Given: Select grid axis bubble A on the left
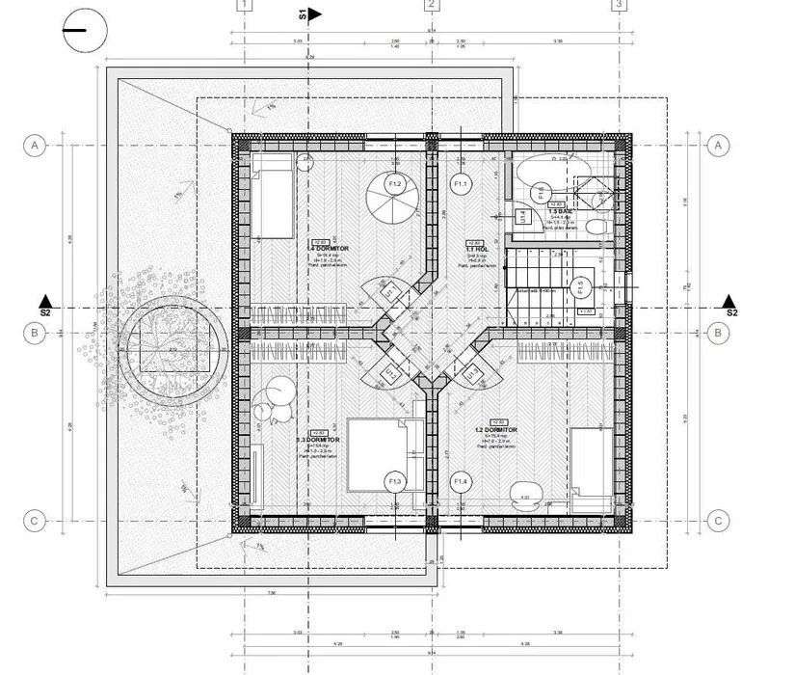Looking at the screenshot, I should coord(35,146).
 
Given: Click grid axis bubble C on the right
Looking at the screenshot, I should coord(718,521).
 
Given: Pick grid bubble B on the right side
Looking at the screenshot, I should coord(718,334).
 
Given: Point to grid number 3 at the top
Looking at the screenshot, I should coord(618,5).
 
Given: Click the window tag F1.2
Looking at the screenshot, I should coord(394,182).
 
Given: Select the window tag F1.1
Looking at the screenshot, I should coord(460,183).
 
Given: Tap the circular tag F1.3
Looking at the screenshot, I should coord(394,480).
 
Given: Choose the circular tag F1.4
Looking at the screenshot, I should coord(461,480).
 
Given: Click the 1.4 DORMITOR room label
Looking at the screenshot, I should coord(328,249).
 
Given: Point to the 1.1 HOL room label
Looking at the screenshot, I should coord(475,249).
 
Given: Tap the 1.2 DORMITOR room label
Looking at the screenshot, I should coord(496,431).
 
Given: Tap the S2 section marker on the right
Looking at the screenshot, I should coord(729,304).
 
